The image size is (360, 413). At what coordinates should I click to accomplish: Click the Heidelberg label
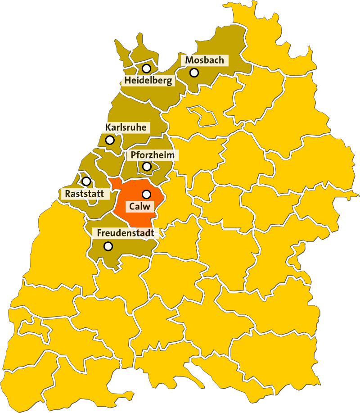[x=148, y=81]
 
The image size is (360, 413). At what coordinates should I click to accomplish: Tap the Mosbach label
[x=204, y=60]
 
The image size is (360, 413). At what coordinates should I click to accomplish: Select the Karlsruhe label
[x=126, y=127]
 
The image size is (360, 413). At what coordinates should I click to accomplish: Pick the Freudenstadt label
[x=126, y=233]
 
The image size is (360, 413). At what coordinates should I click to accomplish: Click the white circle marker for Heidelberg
[x=146, y=69]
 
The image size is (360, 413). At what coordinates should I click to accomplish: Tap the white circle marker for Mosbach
[x=194, y=72]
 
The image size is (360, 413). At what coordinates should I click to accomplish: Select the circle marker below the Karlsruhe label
[x=110, y=140]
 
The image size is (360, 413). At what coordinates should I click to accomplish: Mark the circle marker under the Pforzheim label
[x=147, y=167]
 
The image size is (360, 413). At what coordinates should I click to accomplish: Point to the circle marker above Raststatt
[x=86, y=182]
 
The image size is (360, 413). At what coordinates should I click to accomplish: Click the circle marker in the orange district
[x=146, y=194]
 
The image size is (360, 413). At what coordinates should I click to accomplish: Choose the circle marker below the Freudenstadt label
[x=108, y=246]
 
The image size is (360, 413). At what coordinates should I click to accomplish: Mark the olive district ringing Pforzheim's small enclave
[x=135, y=173]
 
